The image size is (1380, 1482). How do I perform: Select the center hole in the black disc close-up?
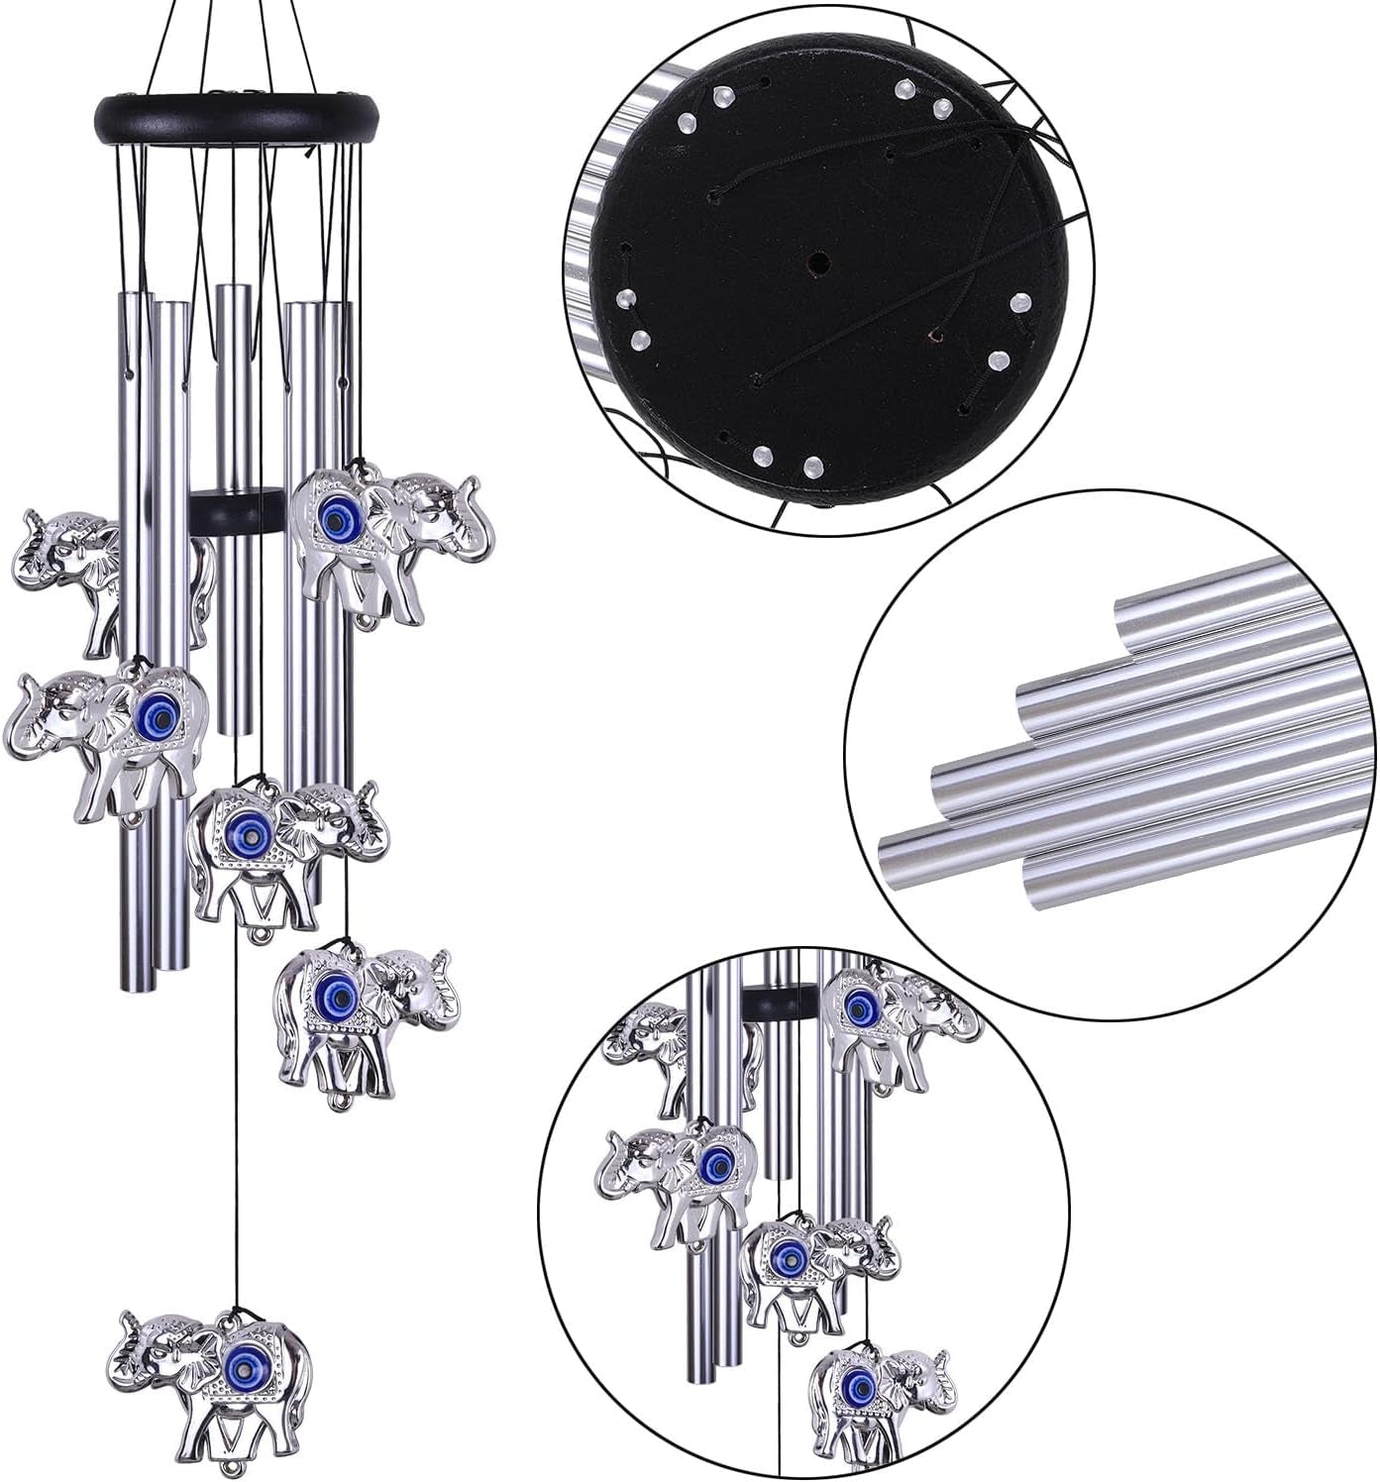click(x=818, y=264)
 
